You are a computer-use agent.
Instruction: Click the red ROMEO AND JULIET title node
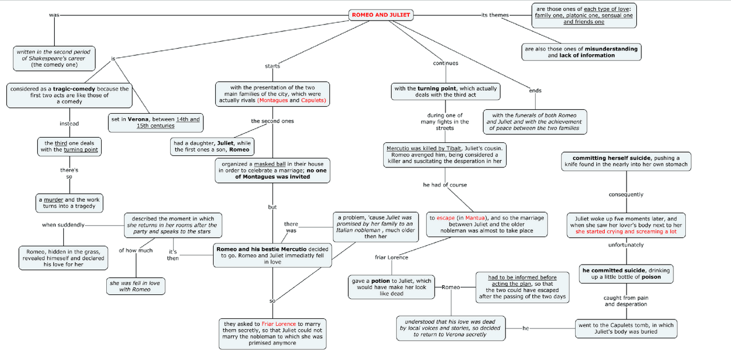pos(380,15)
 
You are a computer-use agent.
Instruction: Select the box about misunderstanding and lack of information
pos(581,52)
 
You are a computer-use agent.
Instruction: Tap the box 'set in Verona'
pos(156,122)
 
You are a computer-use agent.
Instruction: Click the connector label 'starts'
pos(272,66)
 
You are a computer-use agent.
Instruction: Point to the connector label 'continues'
pos(445,63)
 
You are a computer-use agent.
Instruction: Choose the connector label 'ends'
pos(535,90)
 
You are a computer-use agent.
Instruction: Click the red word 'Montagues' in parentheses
pos(272,101)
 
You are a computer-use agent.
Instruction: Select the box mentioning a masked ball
pos(272,170)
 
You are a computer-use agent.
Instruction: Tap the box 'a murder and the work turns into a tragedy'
pos(69,203)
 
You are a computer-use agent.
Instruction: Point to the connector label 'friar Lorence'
pos(391,258)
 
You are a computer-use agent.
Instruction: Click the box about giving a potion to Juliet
pos(391,287)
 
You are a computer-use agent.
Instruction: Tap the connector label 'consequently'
pos(626,194)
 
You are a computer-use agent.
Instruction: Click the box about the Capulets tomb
pos(625,328)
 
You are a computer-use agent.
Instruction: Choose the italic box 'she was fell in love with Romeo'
pos(136,286)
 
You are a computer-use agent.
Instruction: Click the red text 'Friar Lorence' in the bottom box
pos(279,324)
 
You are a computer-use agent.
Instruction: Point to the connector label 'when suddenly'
pos(63,225)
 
